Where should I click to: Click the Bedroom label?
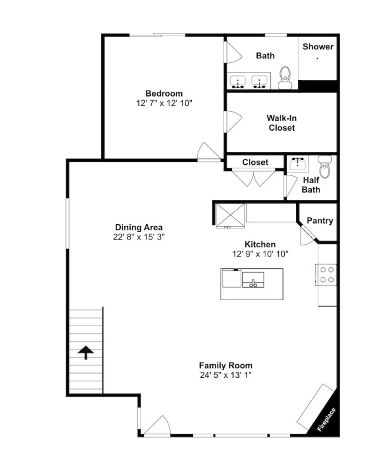click(164, 94)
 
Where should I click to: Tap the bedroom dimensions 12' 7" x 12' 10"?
click(164, 103)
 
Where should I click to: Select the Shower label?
click(318, 46)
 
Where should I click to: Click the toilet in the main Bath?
click(285, 78)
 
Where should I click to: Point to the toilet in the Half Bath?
click(325, 167)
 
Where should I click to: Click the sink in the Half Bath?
click(298, 164)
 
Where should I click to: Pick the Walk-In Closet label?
click(282, 123)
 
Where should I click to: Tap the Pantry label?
click(320, 221)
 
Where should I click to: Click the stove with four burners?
click(326, 275)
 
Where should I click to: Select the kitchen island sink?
click(253, 280)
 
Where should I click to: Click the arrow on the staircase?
click(86, 353)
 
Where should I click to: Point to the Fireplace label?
click(327, 420)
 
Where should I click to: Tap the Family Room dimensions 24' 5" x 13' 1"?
click(226, 375)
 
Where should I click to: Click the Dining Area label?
click(139, 227)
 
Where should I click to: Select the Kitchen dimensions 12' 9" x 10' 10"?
click(260, 254)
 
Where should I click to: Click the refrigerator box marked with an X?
click(230, 215)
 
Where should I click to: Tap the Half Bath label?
click(311, 185)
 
